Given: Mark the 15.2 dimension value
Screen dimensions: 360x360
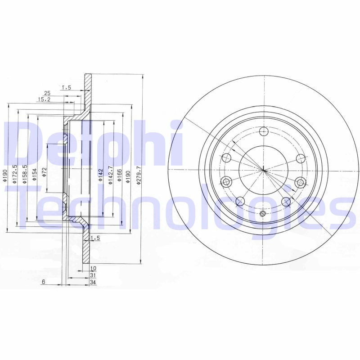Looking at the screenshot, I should pos(44,99).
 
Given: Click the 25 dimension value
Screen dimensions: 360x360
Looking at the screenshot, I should pos(47,93).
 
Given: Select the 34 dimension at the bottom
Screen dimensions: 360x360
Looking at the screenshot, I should pos(94,282).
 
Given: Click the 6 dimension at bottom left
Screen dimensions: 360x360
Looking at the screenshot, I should pos(43,282).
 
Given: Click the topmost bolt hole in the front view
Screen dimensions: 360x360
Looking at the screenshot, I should pos(264,131).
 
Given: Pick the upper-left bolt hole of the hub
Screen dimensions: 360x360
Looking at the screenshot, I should pos(227,158).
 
